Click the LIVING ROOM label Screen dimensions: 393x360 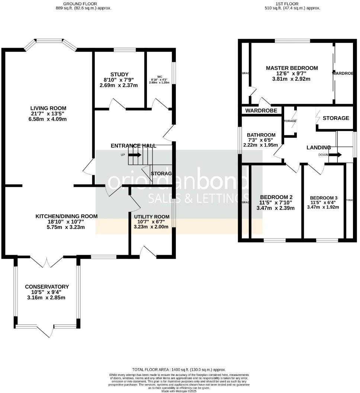(x=48, y=108)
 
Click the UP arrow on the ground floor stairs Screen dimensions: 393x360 (x=136, y=155)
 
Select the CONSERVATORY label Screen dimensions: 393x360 (x=47, y=287)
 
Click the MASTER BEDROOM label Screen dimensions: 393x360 (x=292, y=68)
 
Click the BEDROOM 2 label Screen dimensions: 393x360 (x=276, y=197)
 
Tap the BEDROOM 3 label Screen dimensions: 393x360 (x=324, y=198)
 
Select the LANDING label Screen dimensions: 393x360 (x=318, y=147)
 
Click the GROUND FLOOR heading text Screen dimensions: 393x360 (x=81, y=3)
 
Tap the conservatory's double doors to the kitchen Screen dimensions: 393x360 (x=46, y=259)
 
